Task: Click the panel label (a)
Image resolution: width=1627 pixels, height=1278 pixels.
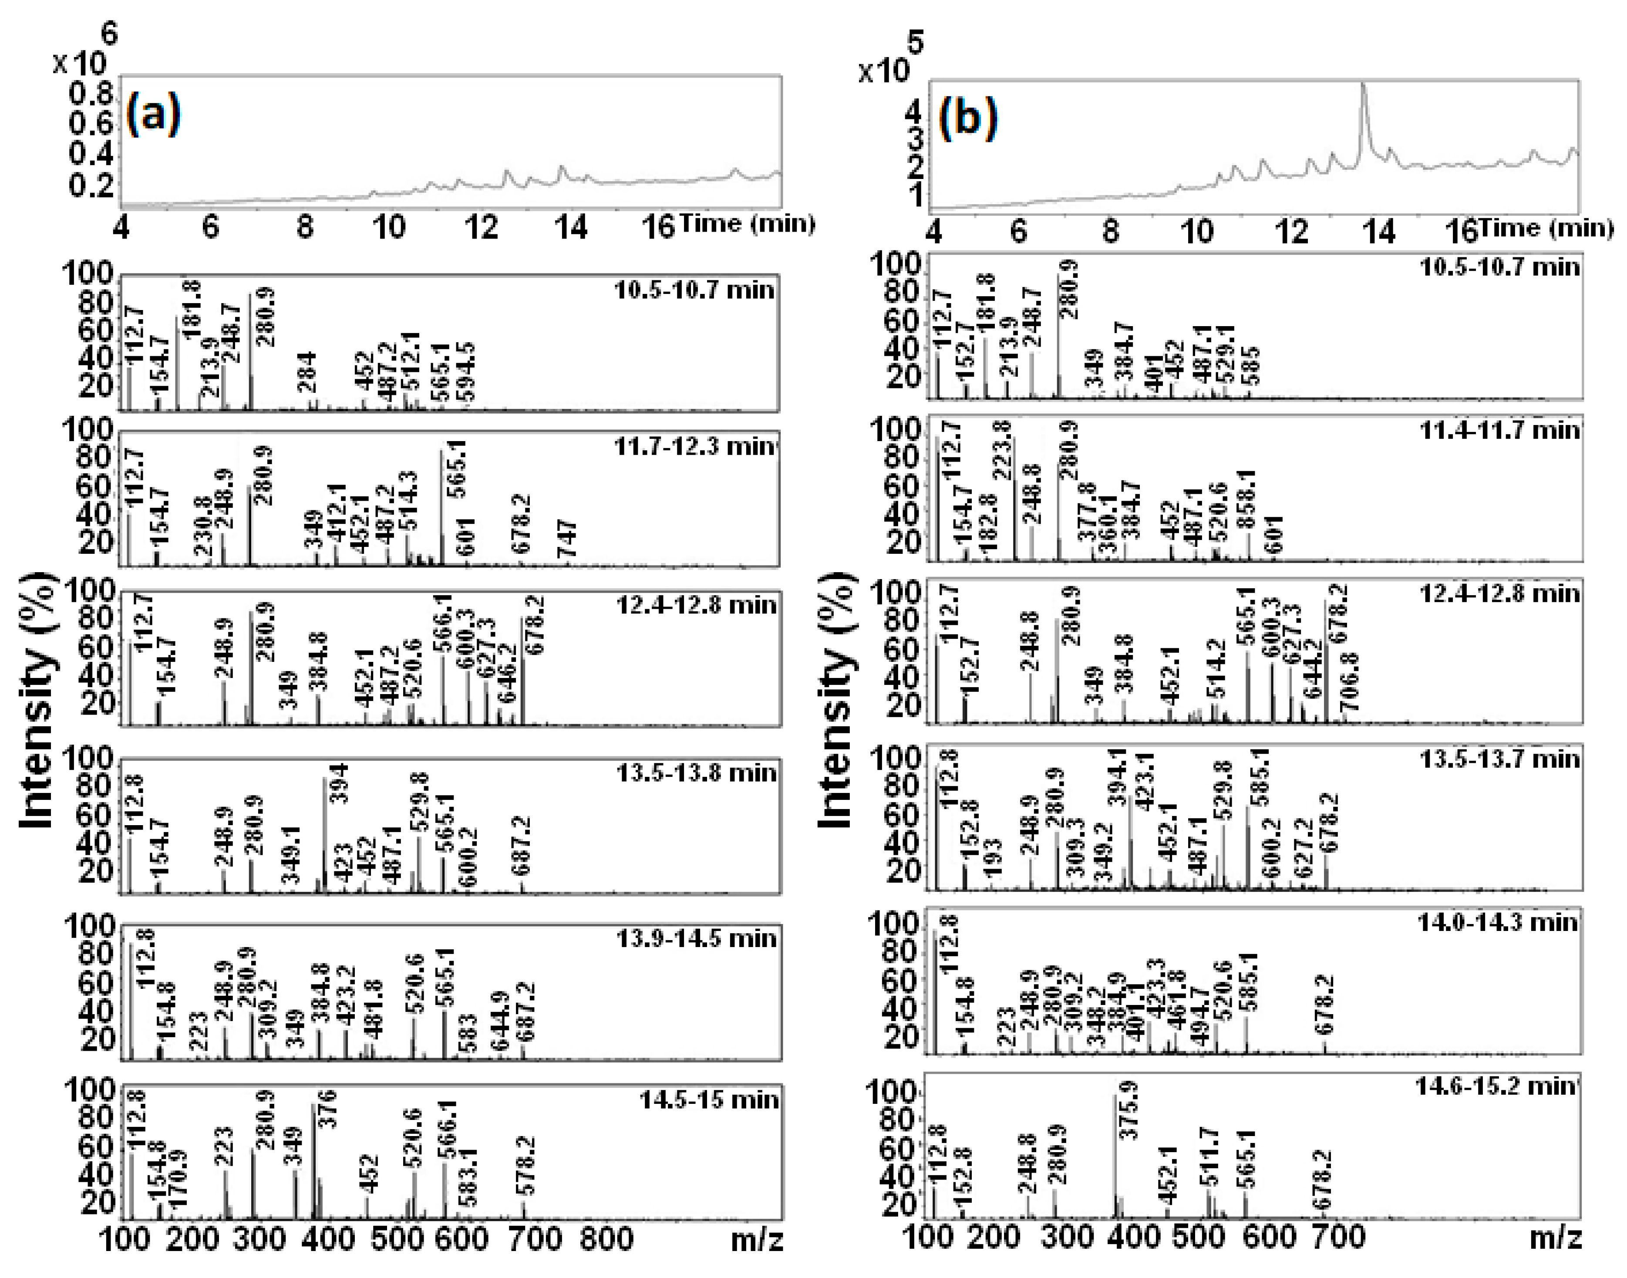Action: pos(153,115)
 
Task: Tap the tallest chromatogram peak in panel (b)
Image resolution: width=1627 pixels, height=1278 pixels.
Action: pos(1363,86)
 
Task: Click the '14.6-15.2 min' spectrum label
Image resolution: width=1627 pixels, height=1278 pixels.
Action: pos(1496,1085)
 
